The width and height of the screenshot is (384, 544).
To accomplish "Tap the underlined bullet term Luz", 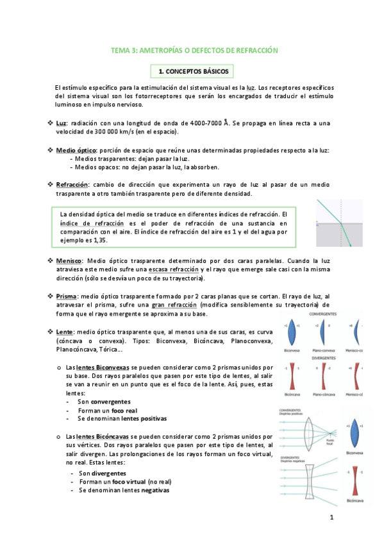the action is tap(62, 123).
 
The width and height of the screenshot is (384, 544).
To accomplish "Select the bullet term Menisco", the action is tap(69, 262).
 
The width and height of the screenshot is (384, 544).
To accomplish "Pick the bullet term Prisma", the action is tap(67, 296).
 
